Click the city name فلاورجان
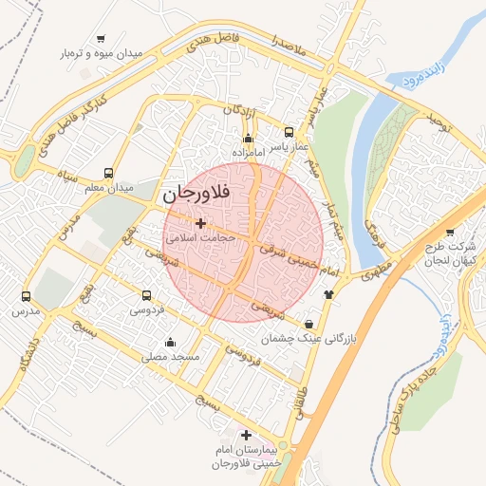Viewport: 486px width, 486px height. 202,194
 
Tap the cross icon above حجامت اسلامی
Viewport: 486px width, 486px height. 199,223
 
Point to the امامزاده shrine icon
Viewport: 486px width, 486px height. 249,139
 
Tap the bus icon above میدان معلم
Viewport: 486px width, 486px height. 110,174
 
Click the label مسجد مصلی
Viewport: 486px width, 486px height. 170,358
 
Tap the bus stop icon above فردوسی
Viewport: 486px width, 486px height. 146,295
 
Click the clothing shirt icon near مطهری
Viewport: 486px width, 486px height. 329,293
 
